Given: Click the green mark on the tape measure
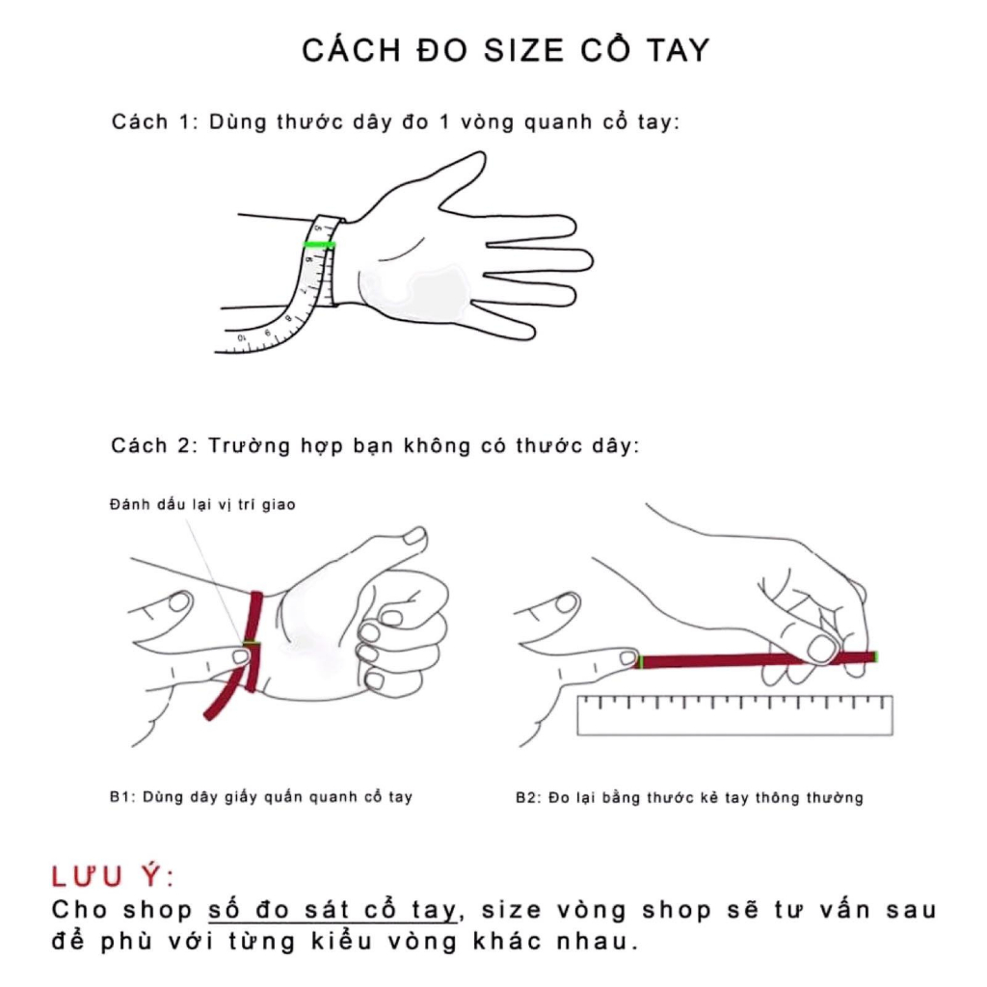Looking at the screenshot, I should point(319,245).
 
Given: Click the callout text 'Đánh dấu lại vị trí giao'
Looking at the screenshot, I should point(201,504).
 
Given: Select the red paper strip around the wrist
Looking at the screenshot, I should point(255,636).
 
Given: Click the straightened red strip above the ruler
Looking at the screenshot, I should point(752,660).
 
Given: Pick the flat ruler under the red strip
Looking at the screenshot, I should point(734,714).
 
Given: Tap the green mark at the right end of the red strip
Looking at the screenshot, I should point(875,656).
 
